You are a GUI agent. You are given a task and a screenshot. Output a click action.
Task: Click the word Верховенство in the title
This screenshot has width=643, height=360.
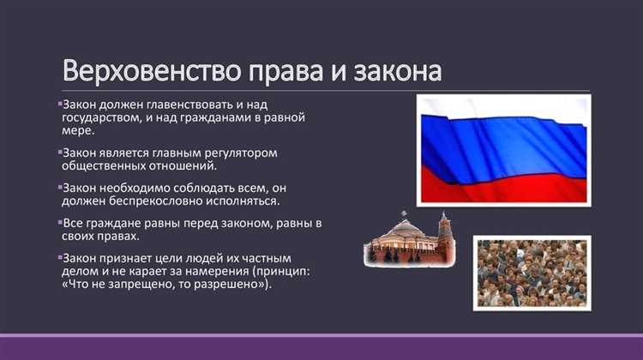click(x=137, y=69)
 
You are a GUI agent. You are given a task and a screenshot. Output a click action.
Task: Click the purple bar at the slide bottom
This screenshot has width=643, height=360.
click(x=321, y=340)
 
